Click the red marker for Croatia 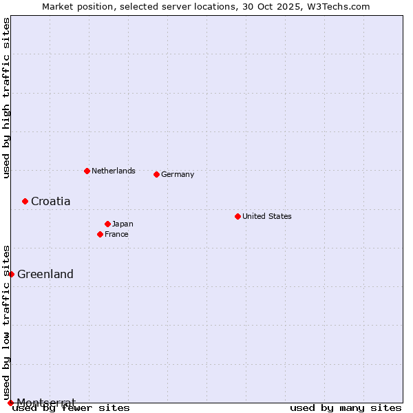click(x=25, y=201)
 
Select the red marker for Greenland click(x=11, y=274)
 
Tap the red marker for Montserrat click(x=10, y=403)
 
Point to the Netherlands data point click(x=87, y=171)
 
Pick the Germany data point click(x=156, y=174)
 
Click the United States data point click(x=237, y=216)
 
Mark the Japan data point click(x=107, y=224)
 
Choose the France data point click(x=100, y=234)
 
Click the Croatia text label click(x=50, y=202)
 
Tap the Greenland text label click(x=45, y=275)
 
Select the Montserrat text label click(x=46, y=402)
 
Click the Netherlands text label click(x=114, y=171)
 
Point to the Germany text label click(x=178, y=174)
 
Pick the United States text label click(x=267, y=216)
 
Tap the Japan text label click(x=123, y=224)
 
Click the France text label click(x=116, y=234)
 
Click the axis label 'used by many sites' click(x=346, y=408)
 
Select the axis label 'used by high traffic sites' click(x=7, y=98)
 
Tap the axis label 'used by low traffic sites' click(x=7, y=322)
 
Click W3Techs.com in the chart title click(x=337, y=7)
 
